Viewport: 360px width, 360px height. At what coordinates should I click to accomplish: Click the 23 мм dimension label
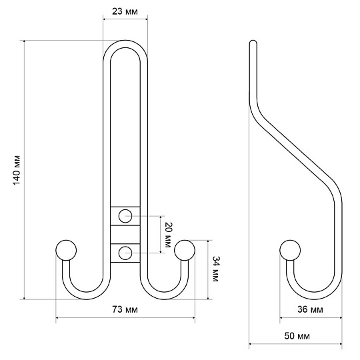click(x=125, y=11)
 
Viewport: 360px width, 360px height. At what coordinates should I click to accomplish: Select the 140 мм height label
click(x=17, y=170)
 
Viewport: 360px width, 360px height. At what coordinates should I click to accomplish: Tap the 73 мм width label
click(x=125, y=310)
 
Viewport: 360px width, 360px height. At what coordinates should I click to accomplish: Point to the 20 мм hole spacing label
click(x=167, y=235)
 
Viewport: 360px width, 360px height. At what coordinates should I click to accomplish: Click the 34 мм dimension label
click(x=215, y=269)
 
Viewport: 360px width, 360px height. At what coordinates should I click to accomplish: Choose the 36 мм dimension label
click(x=310, y=309)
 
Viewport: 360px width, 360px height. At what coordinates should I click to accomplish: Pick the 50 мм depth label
click(x=297, y=336)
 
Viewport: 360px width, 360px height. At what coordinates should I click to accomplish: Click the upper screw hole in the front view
click(x=125, y=216)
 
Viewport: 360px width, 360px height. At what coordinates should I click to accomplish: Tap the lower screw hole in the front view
click(x=125, y=253)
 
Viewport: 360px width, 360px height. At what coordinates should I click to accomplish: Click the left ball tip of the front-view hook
click(x=66, y=250)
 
